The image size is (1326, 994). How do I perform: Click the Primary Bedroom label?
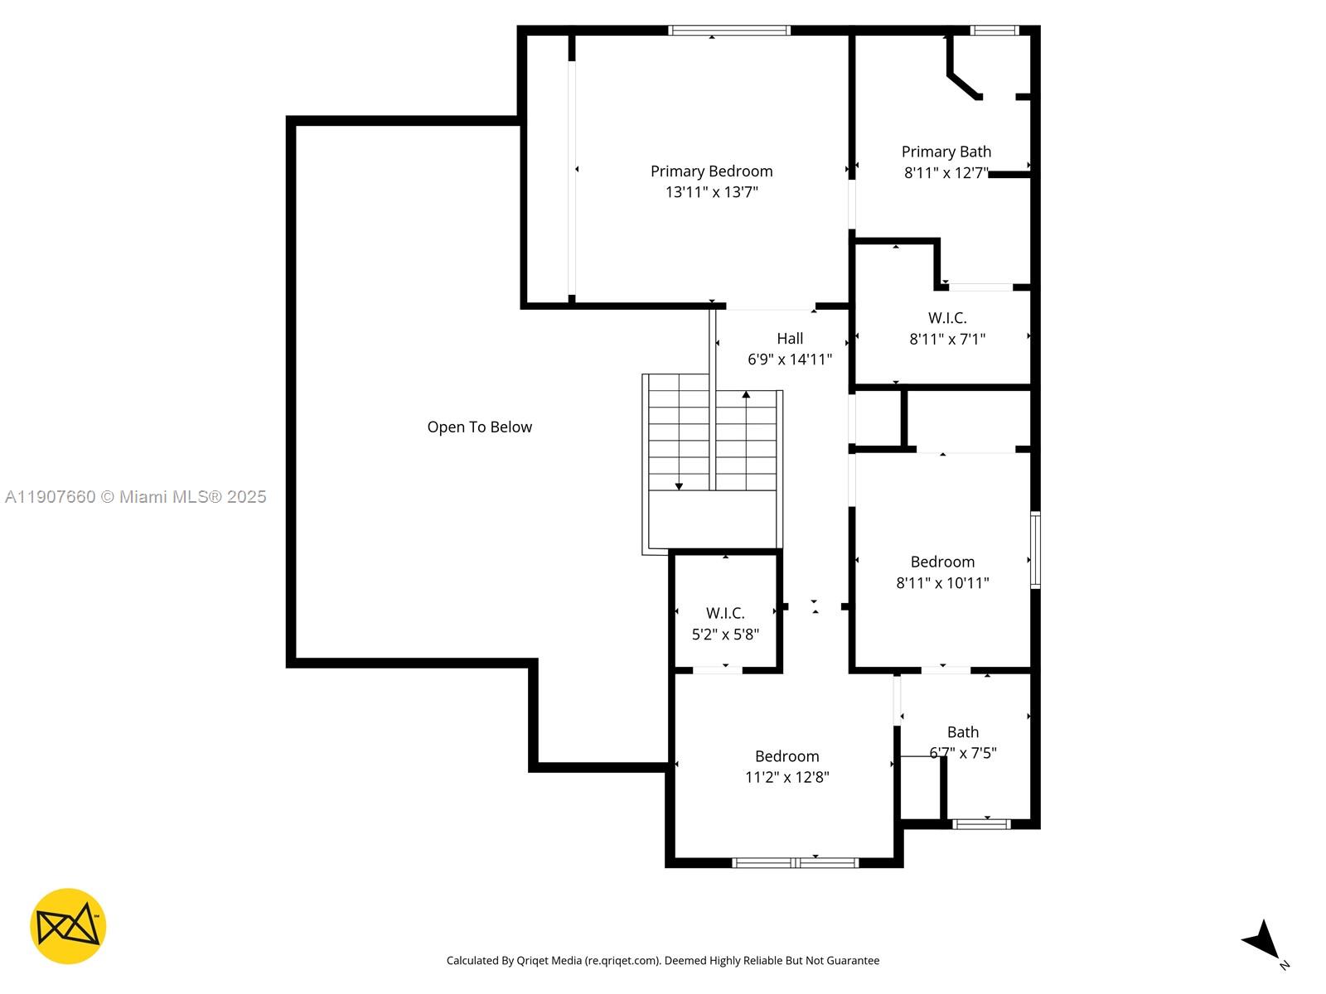711,171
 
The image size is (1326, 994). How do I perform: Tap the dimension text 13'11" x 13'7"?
711,192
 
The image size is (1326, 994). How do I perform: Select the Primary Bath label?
946,152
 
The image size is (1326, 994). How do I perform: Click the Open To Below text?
479,427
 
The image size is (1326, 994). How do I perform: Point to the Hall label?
790,339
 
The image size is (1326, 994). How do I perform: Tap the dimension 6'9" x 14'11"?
790,359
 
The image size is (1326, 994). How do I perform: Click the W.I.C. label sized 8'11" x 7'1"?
946,318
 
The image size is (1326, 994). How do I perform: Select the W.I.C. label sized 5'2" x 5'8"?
725,614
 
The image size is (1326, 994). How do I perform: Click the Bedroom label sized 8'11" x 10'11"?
942,562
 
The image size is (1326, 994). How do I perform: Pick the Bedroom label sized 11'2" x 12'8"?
786,756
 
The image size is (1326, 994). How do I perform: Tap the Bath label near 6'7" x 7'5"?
962,732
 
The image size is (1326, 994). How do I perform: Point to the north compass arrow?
1264,939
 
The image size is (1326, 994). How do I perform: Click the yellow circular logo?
68,926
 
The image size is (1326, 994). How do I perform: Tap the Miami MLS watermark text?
135,497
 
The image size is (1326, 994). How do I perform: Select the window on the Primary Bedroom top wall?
729,31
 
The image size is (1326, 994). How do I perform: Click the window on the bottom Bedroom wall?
796,863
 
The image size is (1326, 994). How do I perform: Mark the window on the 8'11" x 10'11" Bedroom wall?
1035,550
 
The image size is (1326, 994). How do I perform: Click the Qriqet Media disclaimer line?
662,961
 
